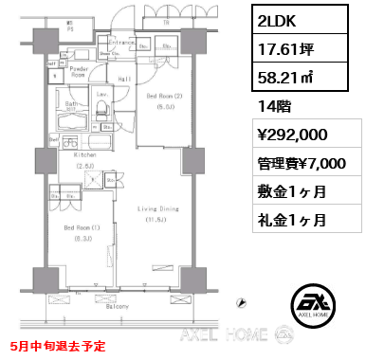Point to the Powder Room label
click(x=78, y=72)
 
